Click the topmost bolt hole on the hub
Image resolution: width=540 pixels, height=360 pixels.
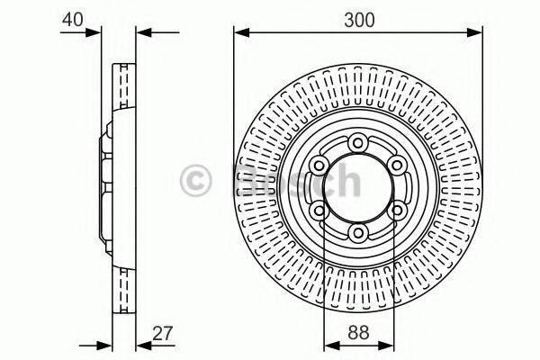click(359, 141)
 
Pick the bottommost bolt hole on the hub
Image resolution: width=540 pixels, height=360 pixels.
click(359, 233)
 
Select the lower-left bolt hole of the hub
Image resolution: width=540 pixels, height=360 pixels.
click(319, 211)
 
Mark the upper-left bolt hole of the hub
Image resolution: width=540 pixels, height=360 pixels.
click(319, 164)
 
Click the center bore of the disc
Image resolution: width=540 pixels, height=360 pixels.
click(359, 187)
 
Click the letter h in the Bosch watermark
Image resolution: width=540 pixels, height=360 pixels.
click(343, 182)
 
